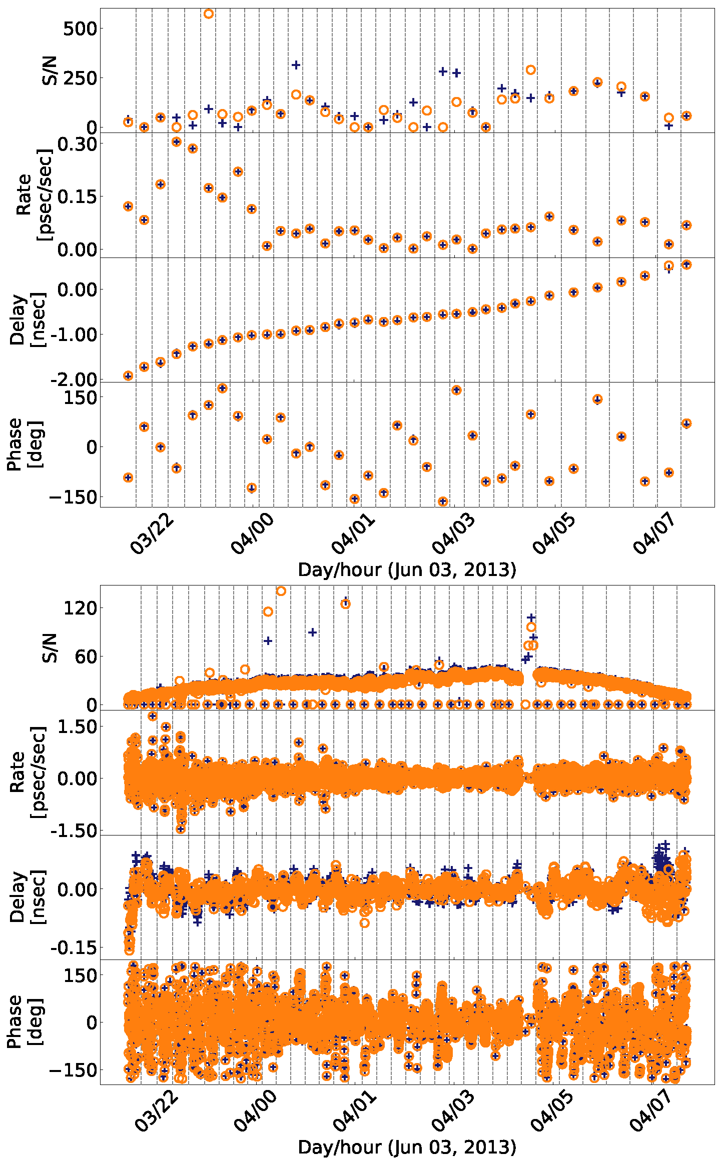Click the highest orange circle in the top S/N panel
click(x=209, y=14)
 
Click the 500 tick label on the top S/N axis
click(x=80, y=28)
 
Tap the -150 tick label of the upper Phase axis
click(x=72, y=497)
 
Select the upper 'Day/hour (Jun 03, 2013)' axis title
click(x=407, y=569)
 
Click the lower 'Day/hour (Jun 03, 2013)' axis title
click(x=407, y=1146)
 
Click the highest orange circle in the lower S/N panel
click(x=281, y=591)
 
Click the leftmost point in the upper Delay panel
click(x=128, y=375)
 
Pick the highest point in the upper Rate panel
click(x=176, y=141)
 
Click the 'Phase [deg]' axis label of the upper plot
click(x=25, y=444)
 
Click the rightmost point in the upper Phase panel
click(x=686, y=423)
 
